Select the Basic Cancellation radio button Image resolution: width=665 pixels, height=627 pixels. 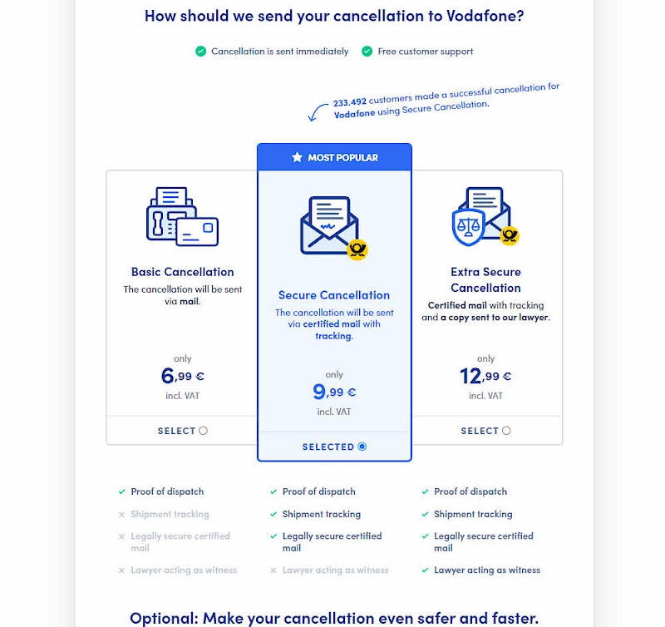coord(203,431)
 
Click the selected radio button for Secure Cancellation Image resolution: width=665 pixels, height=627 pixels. coord(362,447)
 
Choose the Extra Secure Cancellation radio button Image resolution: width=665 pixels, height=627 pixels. coord(506,431)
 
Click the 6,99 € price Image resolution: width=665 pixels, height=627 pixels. coord(182,377)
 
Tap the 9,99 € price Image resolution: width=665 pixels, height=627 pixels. coord(333,392)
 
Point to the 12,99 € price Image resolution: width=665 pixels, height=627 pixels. coord(485,377)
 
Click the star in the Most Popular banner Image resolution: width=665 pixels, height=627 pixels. coord(297,157)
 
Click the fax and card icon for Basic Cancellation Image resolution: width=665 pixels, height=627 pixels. coord(181,216)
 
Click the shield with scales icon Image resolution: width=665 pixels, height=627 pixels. coord(468,226)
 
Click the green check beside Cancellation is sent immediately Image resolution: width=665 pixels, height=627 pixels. coord(200,52)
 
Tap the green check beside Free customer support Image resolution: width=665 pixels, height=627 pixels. coord(367,52)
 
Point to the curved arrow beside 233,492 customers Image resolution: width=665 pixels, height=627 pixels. coord(318,111)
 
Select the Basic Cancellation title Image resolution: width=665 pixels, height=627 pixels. coord(182,272)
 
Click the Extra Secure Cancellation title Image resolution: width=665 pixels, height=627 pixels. coord(485,279)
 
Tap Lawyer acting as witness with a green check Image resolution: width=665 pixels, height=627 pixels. coord(487,570)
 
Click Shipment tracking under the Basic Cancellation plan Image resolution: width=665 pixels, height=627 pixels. coord(170,515)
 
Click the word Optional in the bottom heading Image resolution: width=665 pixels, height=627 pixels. coord(167,618)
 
